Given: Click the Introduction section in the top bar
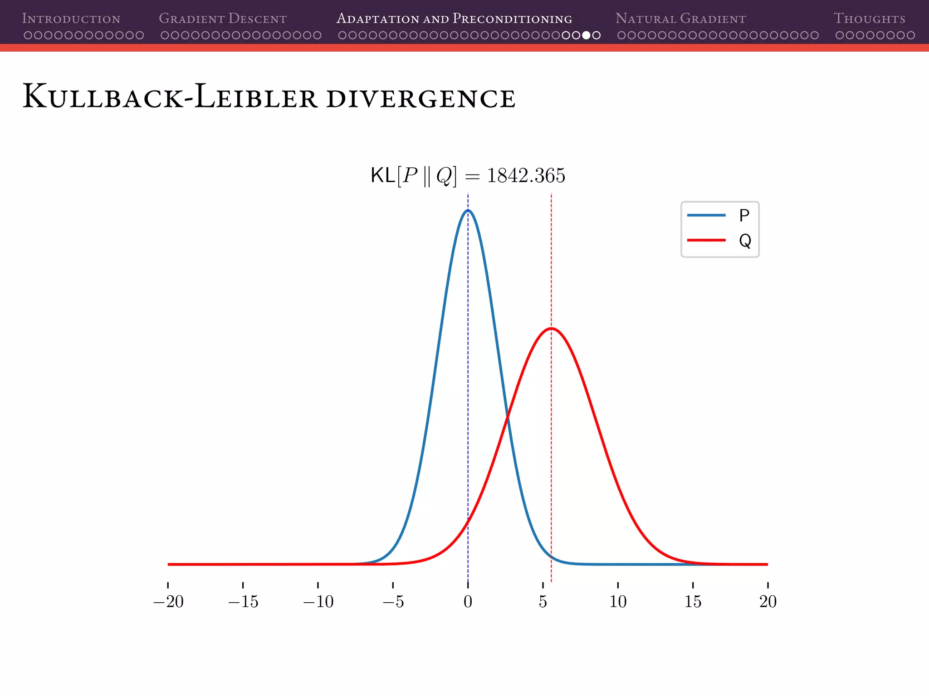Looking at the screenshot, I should click(x=71, y=19).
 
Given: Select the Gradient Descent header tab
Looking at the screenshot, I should click(x=223, y=19).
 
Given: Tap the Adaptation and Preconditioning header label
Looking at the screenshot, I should click(x=454, y=19).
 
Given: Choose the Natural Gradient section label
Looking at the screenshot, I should click(x=680, y=19).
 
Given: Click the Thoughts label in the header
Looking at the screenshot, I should click(x=869, y=19).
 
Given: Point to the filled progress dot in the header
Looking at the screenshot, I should click(x=586, y=35).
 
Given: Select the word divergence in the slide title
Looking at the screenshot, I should click(x=420, y=98).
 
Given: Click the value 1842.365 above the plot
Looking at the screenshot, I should click(x=526, y=175).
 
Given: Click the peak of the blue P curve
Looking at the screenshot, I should click(x=468, y=210).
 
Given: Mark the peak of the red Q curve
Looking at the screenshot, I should click(x=551, y=328).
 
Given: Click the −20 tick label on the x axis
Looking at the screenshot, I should click(x=168, y=602).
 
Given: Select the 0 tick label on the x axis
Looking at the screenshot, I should click(x=468, y=602).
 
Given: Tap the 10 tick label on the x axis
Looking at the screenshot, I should click(x=618, y=602).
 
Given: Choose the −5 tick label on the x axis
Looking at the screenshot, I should click(x=393, y=602).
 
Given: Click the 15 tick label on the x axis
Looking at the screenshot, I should click(x=693, y=602).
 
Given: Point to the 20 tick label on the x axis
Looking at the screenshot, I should click(x=768, y=602).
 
